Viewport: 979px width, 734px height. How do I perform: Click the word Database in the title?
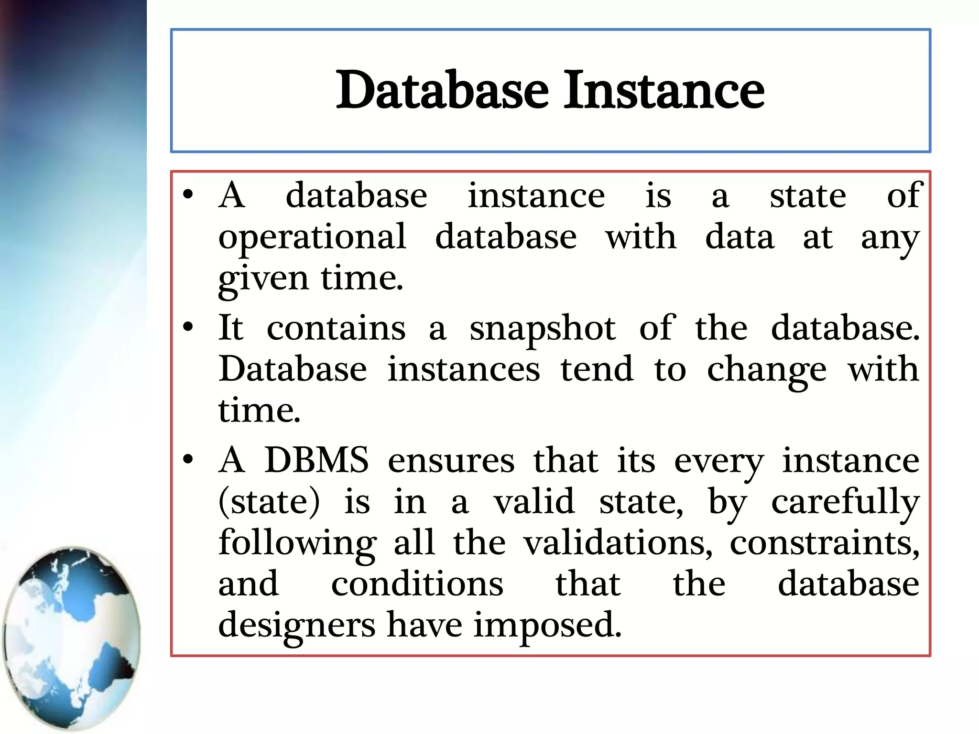442,90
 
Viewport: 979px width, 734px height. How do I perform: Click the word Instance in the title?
664,90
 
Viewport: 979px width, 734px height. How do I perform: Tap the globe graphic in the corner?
72,638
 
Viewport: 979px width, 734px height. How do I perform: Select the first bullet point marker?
188,195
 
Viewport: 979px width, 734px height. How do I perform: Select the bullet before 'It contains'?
188,328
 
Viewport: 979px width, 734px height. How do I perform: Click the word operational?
312,237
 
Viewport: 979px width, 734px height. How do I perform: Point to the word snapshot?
543,329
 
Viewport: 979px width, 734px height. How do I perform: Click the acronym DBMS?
316,460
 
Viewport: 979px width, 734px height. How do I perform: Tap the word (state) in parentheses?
269,502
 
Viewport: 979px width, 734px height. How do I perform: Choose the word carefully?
845,503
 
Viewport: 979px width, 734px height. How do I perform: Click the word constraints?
824,543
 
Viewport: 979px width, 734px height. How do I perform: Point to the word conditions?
417,584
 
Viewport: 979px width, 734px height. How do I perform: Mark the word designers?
297,626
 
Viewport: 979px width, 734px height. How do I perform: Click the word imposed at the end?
547,626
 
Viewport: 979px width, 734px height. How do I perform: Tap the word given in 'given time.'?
263,279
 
